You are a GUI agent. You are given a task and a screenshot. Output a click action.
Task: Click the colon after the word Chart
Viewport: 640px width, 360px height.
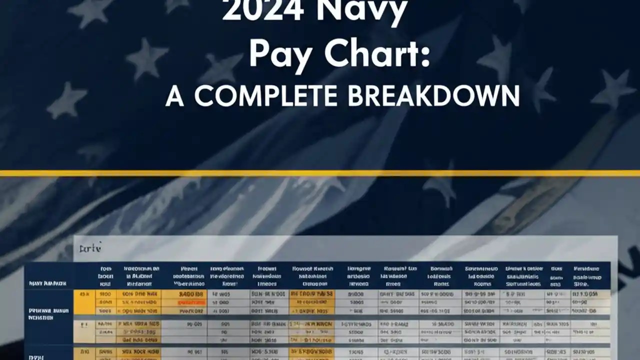425,57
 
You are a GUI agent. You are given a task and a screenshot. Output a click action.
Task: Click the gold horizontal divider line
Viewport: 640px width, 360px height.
320,173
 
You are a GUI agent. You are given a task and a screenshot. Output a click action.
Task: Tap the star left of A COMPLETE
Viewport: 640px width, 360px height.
67,100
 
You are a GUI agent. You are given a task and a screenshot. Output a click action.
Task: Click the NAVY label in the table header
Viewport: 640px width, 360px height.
47,284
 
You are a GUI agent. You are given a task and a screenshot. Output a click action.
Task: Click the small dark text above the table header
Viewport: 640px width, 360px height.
90,247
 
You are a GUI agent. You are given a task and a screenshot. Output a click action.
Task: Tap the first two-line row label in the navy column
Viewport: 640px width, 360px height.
48,313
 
